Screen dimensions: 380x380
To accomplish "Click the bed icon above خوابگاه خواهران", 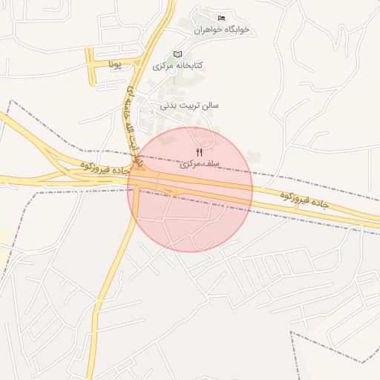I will [220, 18].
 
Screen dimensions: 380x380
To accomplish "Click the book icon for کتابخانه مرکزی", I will [177, 54].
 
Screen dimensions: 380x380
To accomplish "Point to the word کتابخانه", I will [189, 65].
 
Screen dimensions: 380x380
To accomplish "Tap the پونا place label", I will [114, 65].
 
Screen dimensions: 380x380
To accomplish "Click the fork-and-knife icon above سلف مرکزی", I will [198, 152].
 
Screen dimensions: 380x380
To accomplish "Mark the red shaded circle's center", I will [190, 189].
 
